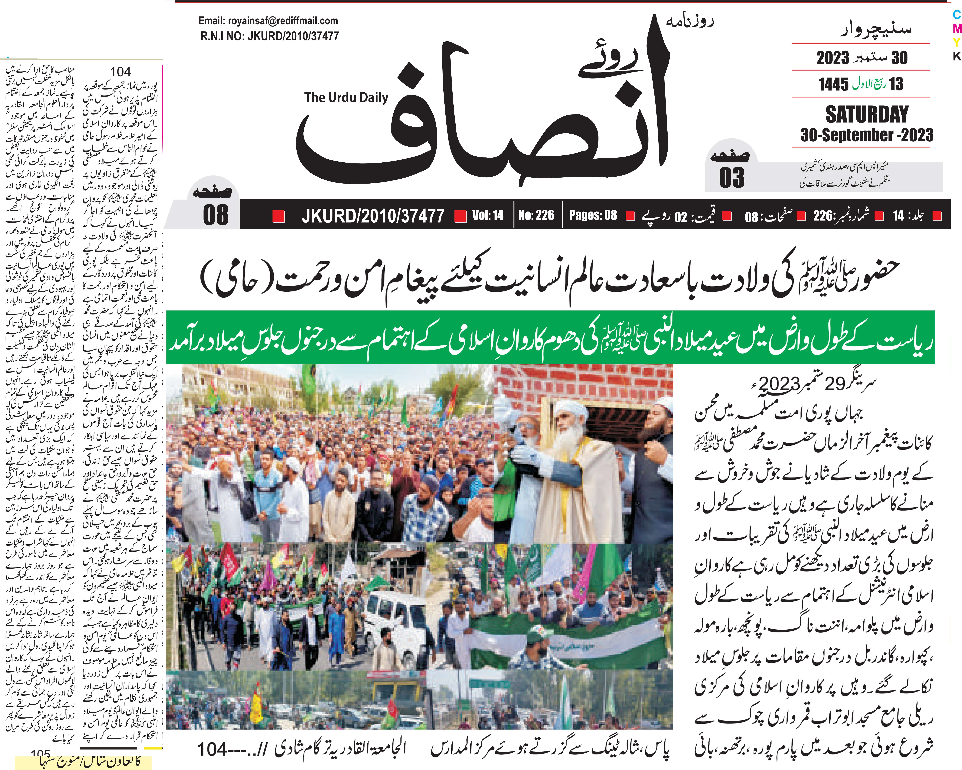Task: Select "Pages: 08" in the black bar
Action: (x=593, y=215)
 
